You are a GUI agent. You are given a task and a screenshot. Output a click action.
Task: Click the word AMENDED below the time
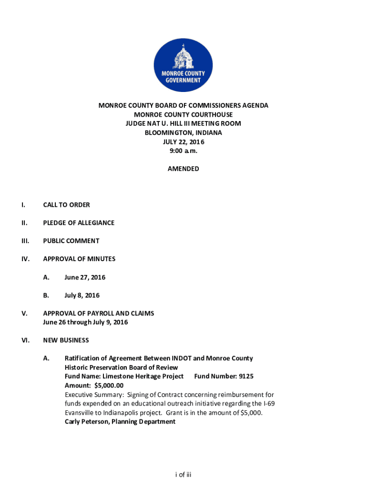click(183, 169)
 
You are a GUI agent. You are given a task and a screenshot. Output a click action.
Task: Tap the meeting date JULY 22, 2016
click(183, 142)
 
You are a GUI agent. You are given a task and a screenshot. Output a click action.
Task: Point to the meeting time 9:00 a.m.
click(183, 151)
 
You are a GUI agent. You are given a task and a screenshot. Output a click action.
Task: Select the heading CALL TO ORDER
click(66, 205)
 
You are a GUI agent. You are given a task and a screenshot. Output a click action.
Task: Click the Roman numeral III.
click(25, 241)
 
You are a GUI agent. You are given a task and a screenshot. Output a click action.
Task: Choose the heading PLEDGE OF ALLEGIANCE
click(79, 223)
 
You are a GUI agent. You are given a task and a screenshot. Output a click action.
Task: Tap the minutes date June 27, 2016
click(85, 277)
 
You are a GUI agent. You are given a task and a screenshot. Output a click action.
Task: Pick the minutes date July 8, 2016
click(82, 295)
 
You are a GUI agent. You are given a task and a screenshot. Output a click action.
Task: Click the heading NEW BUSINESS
click(66, 340)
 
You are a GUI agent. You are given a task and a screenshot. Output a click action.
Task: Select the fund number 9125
click(246, 376)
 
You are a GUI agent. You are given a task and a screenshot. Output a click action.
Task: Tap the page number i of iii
click(183, 475)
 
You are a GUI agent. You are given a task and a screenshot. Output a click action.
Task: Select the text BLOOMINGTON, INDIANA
click(183, 132)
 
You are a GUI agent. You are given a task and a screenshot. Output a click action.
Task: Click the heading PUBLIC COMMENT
click(71, 241)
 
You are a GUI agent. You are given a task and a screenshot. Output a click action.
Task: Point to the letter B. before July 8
click(46, 295)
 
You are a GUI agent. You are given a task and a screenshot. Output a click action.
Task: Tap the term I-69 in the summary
click(268, 404)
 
